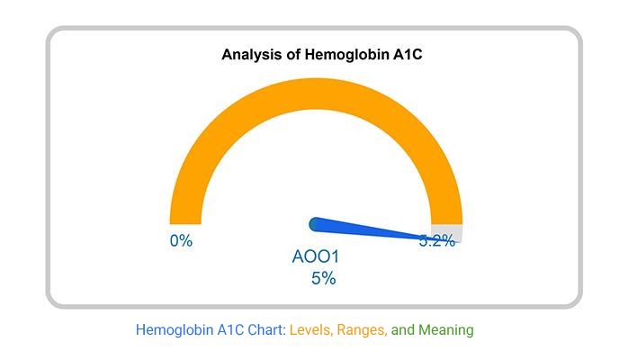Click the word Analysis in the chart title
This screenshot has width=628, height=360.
point(250,56)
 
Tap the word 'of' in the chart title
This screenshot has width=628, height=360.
point(290,56)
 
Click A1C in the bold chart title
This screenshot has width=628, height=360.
point(406,56)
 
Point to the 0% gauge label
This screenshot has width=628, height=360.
point(181,241)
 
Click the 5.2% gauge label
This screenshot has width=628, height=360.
point(437,241)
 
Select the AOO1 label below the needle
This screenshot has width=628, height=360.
point(316,257)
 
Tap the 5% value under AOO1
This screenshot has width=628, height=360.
point(323,279)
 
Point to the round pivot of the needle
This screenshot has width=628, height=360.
point(316,223)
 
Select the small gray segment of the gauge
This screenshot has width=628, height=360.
point(447,231)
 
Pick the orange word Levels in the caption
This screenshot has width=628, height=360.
point(311,330)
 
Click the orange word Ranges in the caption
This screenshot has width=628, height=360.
point(363,330)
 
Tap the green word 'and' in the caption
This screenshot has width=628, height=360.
point(403,330)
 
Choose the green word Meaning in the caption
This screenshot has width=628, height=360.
point(445,330)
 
